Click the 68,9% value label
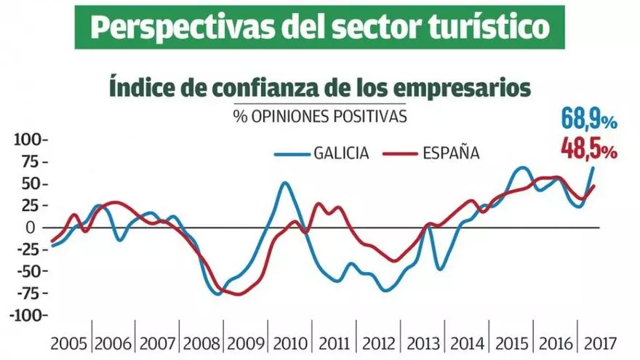click(589, 117)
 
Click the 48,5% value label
click(589, 149)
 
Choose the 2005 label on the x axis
click(69, 342)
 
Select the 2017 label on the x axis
click(601, 342)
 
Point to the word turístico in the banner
click(489, 28)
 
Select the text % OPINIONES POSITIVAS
click(320, 115)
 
